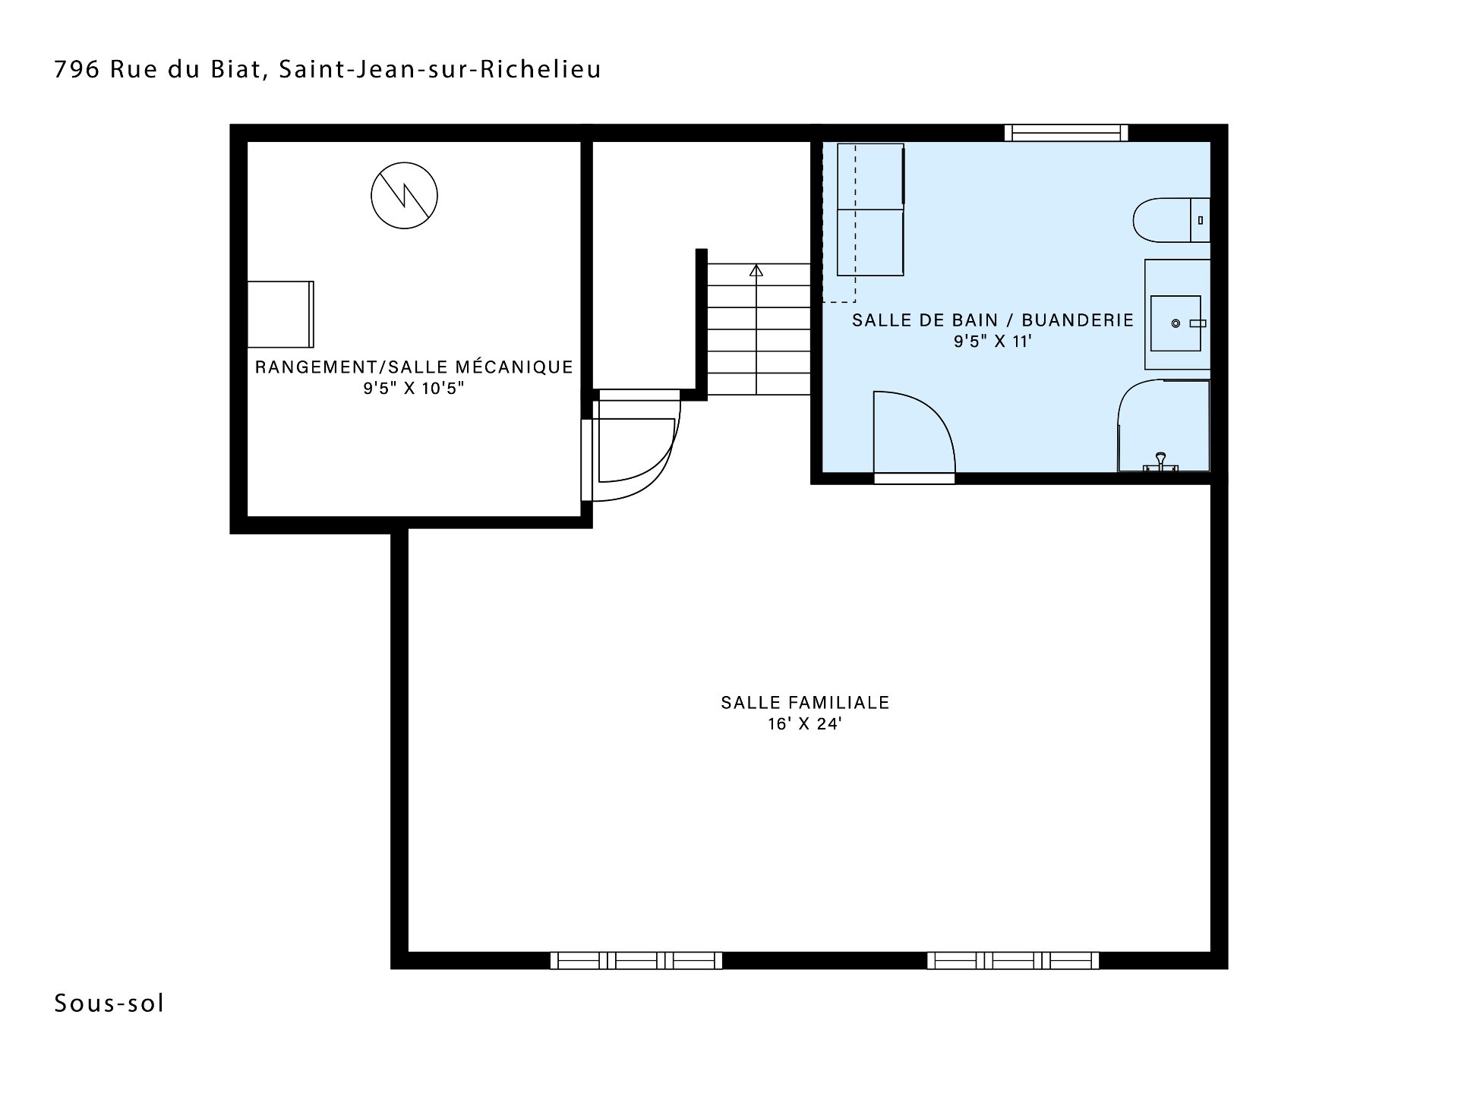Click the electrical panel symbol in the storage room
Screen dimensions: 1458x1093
(x=404, y=195)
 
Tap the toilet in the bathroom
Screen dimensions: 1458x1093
(x=1171, y=220)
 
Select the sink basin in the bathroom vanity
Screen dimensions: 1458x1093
(x=1176, y=323)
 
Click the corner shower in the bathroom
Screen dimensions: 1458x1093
(x=1163, y=425)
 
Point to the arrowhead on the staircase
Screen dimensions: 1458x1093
(x=756, y=269)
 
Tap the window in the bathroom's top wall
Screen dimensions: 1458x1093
(x=1066, y=133)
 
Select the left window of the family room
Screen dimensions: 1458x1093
(x=636, y=960)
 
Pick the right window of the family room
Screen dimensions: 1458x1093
(x=1013, y=960)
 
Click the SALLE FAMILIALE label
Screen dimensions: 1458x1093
(x=805, y=703)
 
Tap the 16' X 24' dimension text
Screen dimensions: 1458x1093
(x=805, y=724)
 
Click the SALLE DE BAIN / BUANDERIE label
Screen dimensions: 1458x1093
(x=993, y=320)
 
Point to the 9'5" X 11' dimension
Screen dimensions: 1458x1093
(x=993, y=342)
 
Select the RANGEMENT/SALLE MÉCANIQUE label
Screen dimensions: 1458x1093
(x=414, y=367)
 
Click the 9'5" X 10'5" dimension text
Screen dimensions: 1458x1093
(x=414, y=389)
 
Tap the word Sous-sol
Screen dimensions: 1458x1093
(x=109, y=1003)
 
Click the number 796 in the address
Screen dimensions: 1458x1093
(x=77, y=69)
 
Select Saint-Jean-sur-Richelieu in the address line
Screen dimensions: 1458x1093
(x=440, y=69)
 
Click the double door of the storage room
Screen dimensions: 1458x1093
(x=632, y=448)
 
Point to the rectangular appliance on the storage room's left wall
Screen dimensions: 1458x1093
(x=281, y=314)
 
